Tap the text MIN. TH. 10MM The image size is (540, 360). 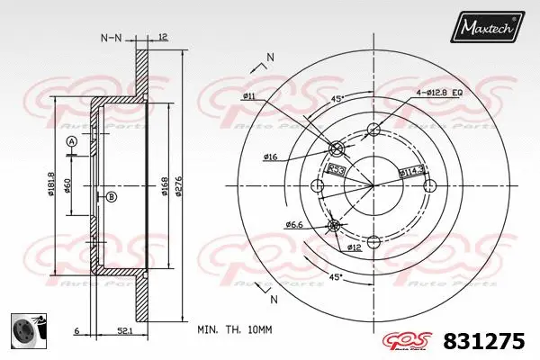234,330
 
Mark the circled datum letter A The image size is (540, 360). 72,142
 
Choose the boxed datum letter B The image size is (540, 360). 111,196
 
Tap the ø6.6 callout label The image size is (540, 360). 293,224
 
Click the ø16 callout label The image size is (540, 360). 270,157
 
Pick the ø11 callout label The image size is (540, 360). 248,95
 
